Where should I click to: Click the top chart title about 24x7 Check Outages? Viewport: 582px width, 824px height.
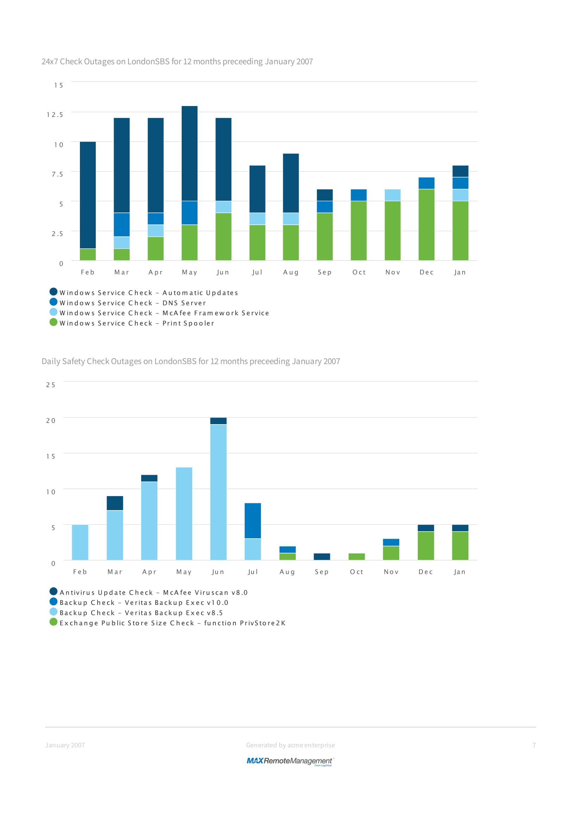click(177, 62)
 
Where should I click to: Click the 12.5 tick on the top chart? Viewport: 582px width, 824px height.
click(55, 115)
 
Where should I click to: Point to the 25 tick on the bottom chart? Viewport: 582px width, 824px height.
click(51, 385)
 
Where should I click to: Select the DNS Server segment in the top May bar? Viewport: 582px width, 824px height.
click(189, 213)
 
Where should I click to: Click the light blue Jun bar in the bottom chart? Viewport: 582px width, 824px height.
click(218, 492)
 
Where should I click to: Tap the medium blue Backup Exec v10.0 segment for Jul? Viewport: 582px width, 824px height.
click(252, 521)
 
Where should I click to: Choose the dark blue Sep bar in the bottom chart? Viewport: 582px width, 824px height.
click(322, 557)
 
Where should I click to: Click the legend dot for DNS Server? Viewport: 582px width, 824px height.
click(54, 302)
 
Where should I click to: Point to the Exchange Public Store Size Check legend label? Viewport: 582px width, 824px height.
click(173, 623)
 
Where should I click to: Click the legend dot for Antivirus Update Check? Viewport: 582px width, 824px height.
click(54, 591)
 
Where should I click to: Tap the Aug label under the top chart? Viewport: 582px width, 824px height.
click(290, 272)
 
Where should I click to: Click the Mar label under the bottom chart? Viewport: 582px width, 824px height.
click(115, 572)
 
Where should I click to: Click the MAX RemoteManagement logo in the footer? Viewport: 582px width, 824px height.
click(290, 761)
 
